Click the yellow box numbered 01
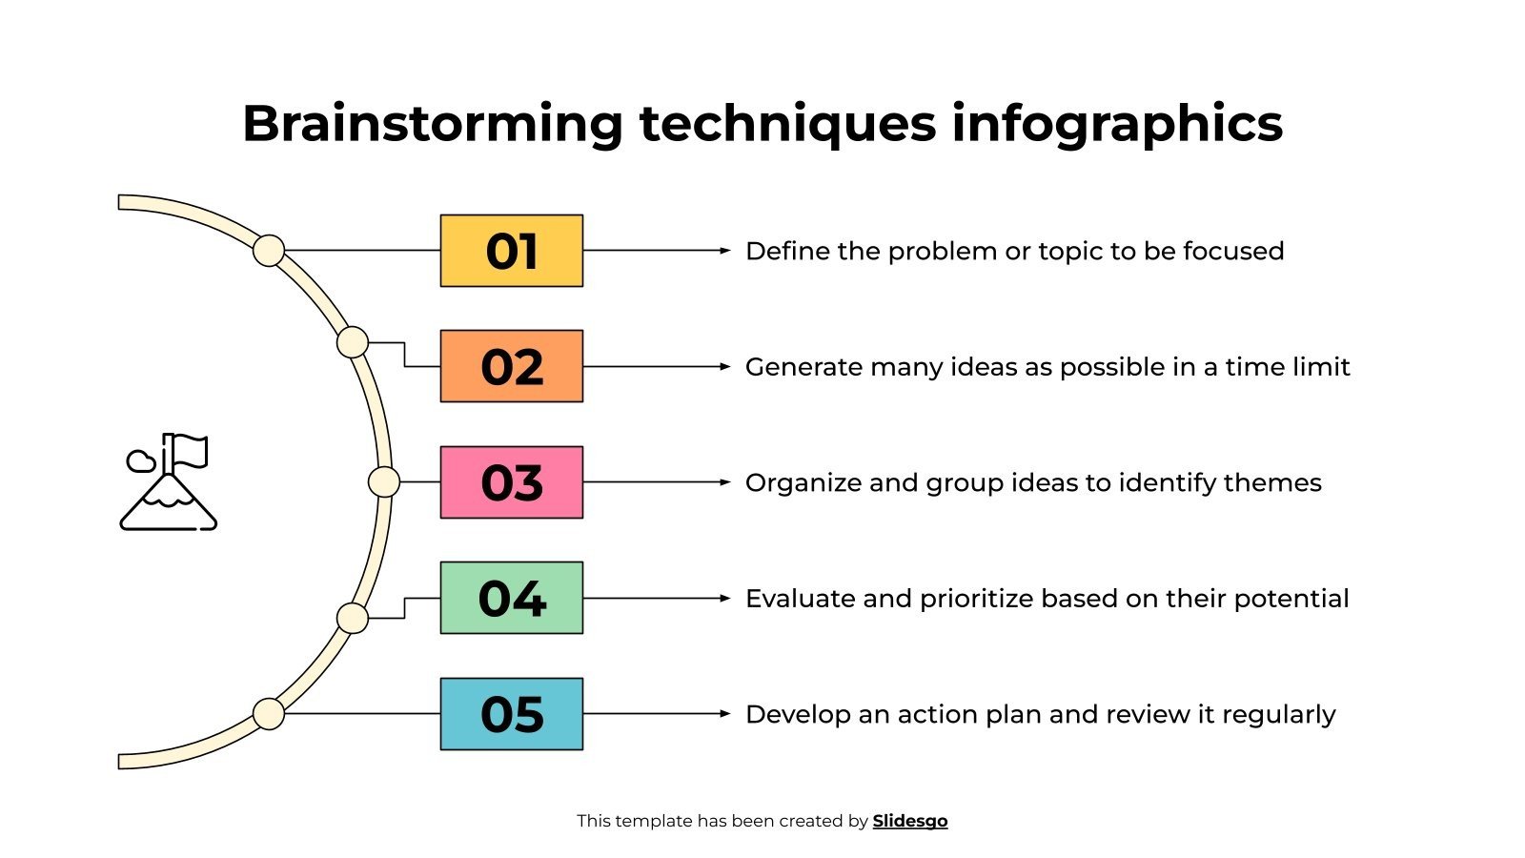click(511, 251)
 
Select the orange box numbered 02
click(511, 366)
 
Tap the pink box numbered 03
click(511, 482)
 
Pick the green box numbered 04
click(511, 598)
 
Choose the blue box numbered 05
click(511, 714)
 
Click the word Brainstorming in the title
click(432, 124)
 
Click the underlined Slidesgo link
click(909, 821)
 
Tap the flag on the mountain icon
click(191, 450)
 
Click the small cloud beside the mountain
click(141, 461)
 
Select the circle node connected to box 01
click(269, 251)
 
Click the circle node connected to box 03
click(384, 482)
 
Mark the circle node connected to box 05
click(269, 714)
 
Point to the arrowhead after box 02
click(725, 366)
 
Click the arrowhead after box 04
click(725, 598)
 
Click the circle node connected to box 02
click(353, 342)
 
